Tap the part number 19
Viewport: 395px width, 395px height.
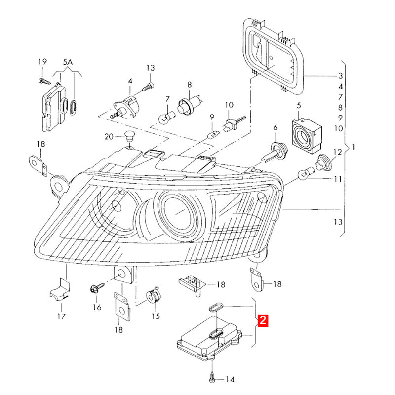[x=42, y=62]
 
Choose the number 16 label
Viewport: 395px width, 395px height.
[x=96, y=307]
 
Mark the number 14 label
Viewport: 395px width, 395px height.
[x=230, y=379]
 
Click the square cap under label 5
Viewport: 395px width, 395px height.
[x=305, y=131]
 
